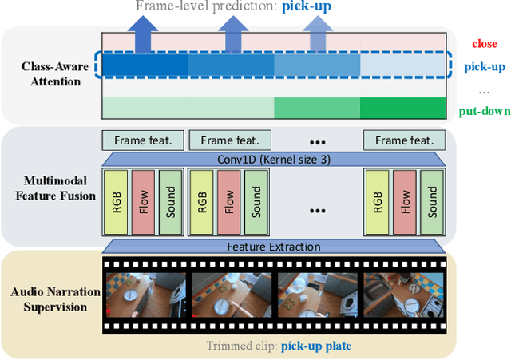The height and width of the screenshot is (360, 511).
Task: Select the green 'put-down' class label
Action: pyautogui.click(x=484, y=110)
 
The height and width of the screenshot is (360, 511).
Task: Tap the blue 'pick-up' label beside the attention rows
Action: pyautogui.click(x=483, y=66)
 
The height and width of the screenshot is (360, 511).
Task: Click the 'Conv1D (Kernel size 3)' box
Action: pyautogui.click(x=273, y=158)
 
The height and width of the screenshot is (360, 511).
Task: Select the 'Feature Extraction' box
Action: pyautogui.click(x=273, y=247)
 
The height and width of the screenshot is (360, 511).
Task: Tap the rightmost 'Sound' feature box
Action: pyautogui.click(x=431, y=202)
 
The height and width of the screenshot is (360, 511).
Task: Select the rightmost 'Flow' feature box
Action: pyautogui.click(x=405, y=202)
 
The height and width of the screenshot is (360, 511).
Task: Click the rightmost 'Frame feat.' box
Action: pyautogui.click(x=404, y=140)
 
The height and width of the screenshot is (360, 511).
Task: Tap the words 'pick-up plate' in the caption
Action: pyautogui.click(x=316, y=346)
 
